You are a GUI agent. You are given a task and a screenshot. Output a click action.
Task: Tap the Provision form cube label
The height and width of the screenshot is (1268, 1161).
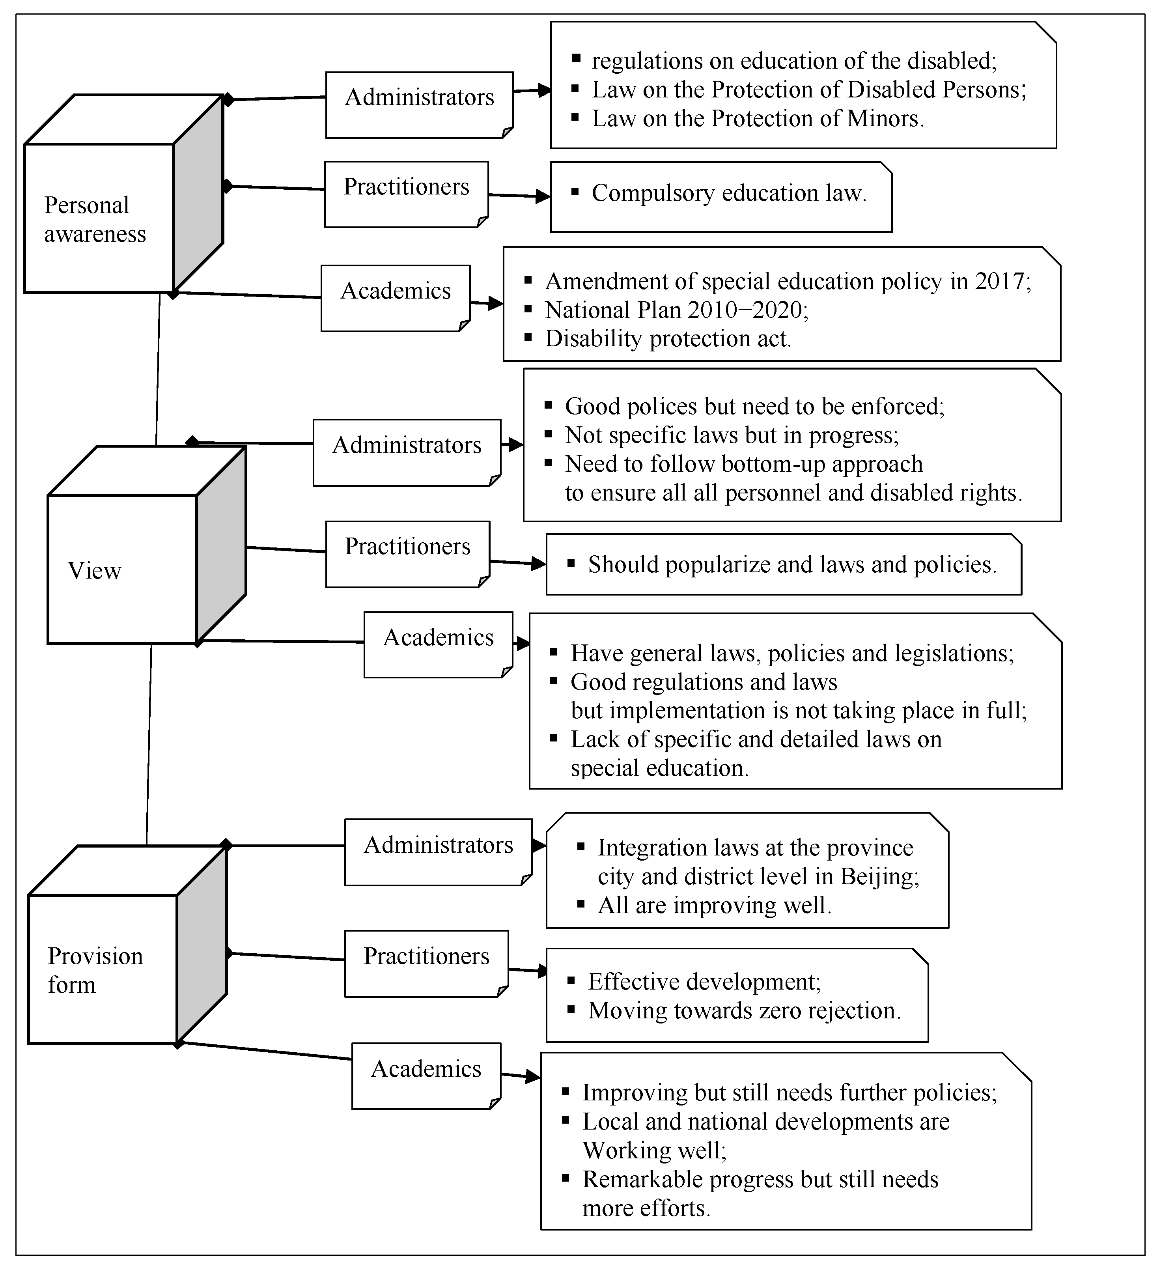click(95, 970)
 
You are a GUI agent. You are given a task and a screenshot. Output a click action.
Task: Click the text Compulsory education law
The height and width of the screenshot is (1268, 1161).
click(729, 194)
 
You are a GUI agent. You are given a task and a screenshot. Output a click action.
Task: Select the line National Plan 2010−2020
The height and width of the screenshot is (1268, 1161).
click(676, 310)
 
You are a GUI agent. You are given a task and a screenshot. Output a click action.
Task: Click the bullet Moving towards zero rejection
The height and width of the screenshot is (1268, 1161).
click(744, 1011)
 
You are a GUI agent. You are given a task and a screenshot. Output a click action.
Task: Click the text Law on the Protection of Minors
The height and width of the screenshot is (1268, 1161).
click(757, 119)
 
